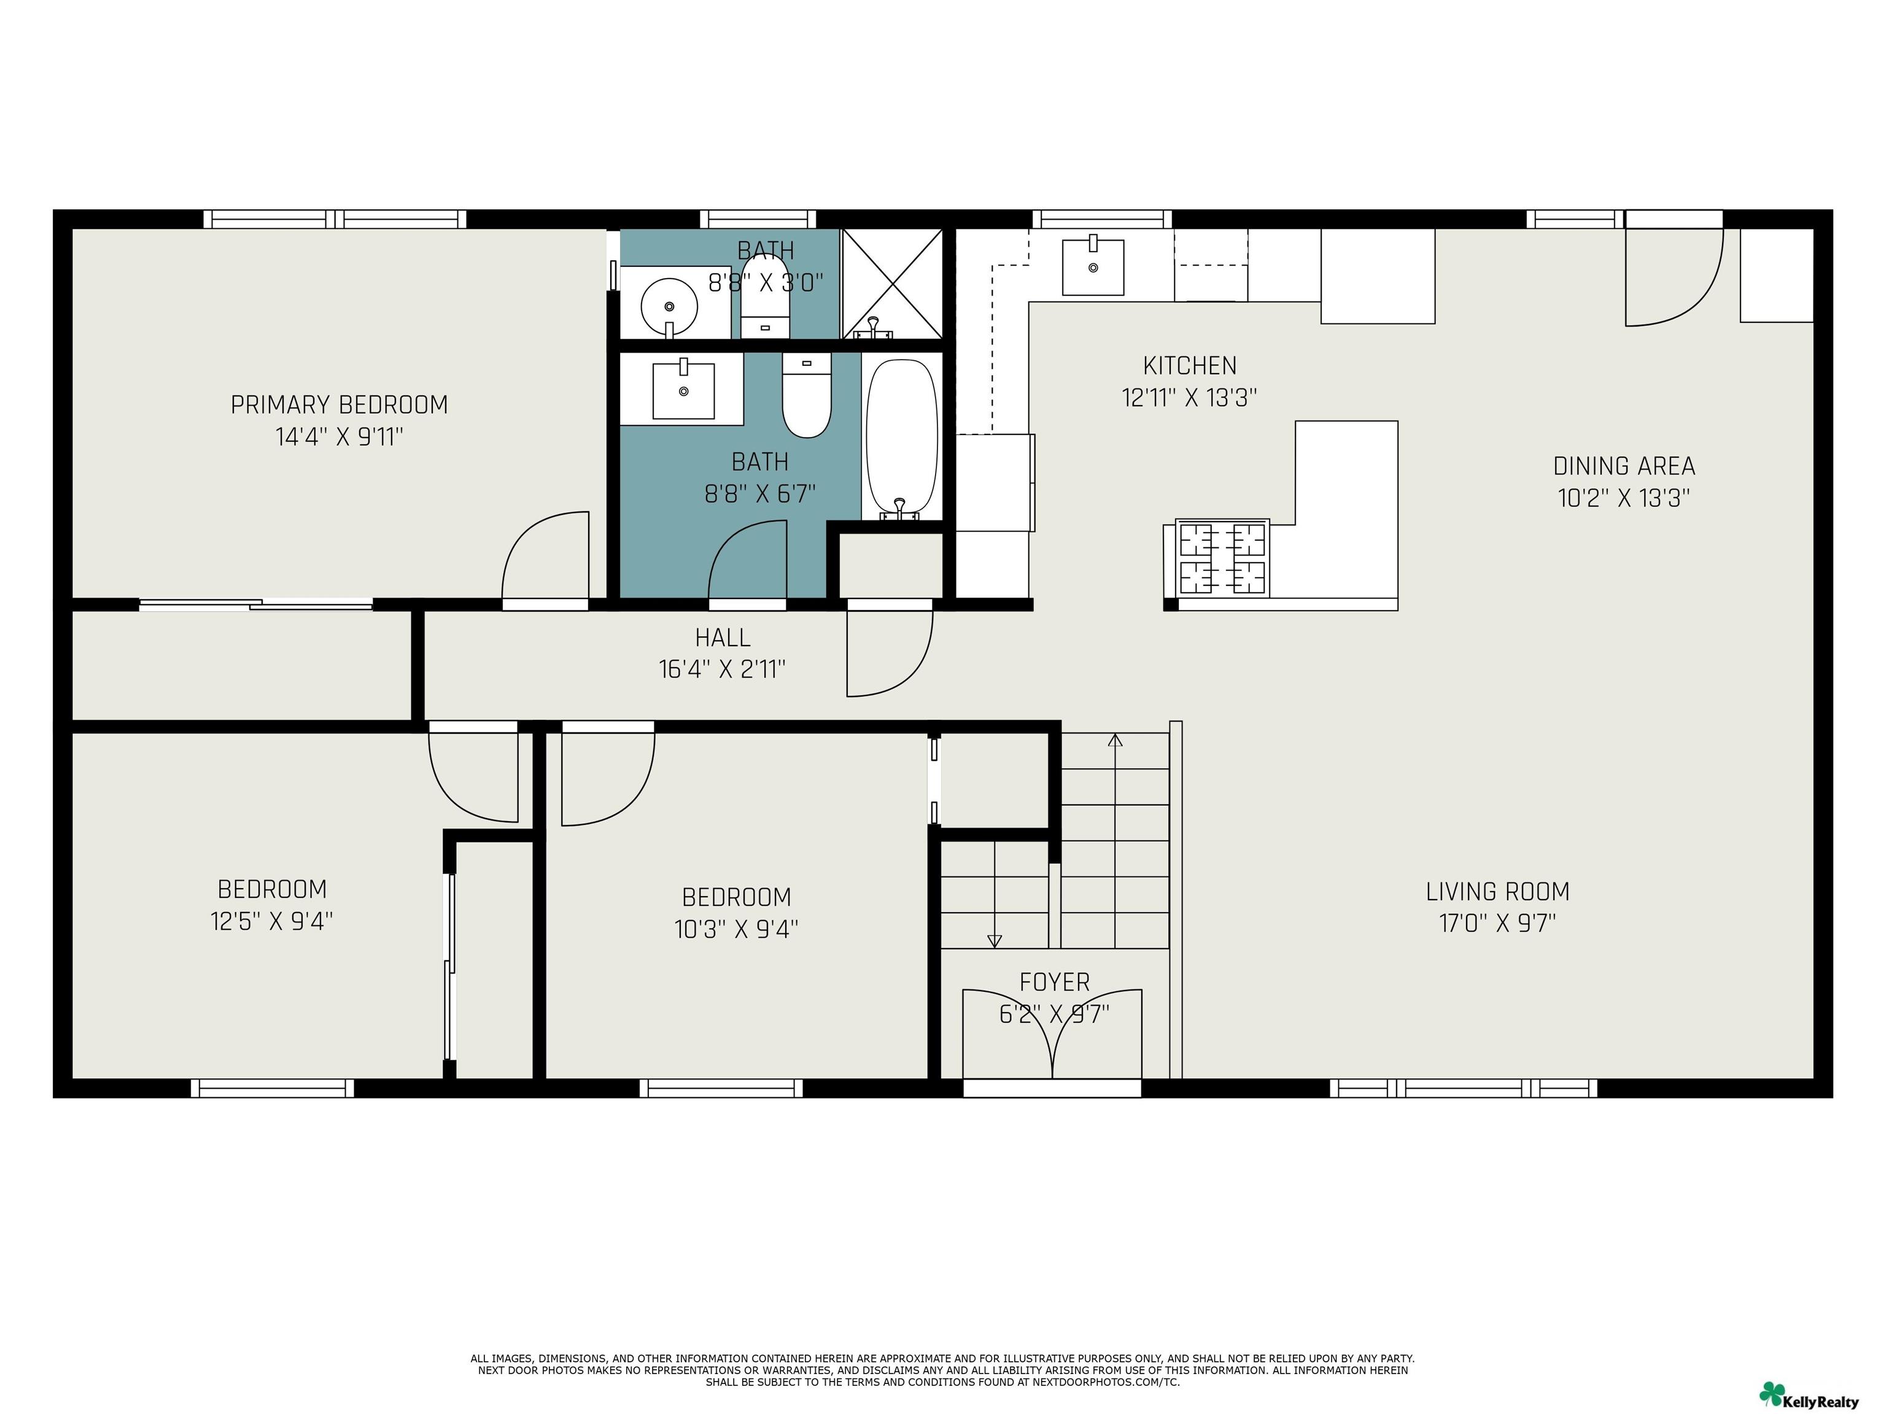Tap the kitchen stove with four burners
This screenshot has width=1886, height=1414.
coord(1222,558)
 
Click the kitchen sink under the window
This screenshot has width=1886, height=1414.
coord(1092,267)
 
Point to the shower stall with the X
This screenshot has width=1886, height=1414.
coord(892,283)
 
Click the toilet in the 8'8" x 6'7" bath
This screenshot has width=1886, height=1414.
coord(807,396)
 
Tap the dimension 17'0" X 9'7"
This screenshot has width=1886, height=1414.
coord(1498,924)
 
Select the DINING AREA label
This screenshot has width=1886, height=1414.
coord(1624,466)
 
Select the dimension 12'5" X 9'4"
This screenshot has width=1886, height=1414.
coord(272,921)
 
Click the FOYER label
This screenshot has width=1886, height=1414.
coord(1055,983)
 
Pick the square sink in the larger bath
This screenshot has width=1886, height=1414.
coord(683,390)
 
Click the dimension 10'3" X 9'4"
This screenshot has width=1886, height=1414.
coord(736,929)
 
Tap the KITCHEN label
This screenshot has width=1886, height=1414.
coord(1189,366)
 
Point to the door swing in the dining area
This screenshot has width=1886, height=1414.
coord(1675,277)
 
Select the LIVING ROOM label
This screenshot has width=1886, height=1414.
coord(1498,892)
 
